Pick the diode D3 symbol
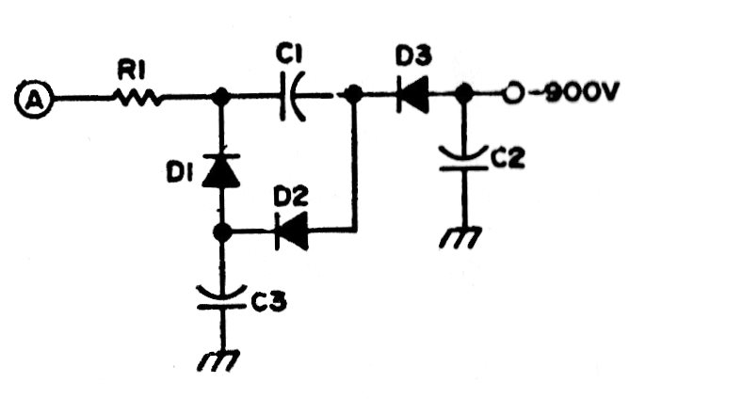pos(411,95)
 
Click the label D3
pos(412,57)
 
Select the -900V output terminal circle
pos(513,94)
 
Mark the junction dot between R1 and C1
pos(222,96)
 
